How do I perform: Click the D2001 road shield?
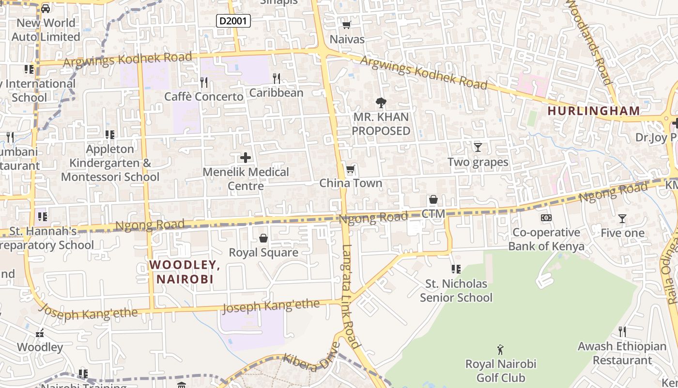[x=233, y=21]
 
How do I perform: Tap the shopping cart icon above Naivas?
[x=346, y=25]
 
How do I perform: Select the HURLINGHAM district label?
[x=594, y=111]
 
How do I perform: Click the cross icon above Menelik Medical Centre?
[x=246, y=158]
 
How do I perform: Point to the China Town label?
[x=351, y=183]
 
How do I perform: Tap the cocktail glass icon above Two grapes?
[x=478, y=147]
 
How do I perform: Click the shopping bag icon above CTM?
[x=433, y=199]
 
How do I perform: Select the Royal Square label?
[x=263, y=253]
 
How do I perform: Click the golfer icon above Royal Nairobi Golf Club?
[x=501, y=349]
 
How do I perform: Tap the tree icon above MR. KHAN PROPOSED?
[x=381, y=102]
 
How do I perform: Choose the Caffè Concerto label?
[x=203, y=97]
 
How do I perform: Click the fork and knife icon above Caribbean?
[x=277, y=78]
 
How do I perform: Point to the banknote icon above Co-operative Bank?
[x=546, y=218]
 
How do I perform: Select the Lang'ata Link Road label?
[x=351, y=296]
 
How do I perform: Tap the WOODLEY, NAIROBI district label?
[x=185, y=272]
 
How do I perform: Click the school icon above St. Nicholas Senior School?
[x=456, y=269]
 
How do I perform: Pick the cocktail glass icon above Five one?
[x=622, y=219]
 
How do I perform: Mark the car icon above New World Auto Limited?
[x=45, y=8]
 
